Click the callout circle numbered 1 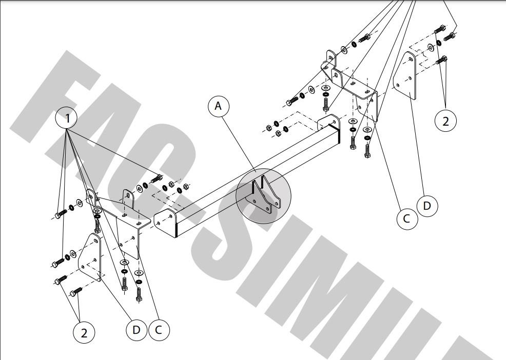pyautogui.click(x=67, y=118)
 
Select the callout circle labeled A pyautogui.click(x=219, y=106)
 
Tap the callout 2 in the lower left pyautogui.click(x=84, y=333)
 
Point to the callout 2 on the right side pyautogui.click(x=445, y=122)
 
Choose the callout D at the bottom pyautogui.click(x=137, y=330)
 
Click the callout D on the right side pyautogui.click(x=427, y=206)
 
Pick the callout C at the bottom pyautogui.click(x=159, y=330)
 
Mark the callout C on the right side pyautogui.click(x=407, y=218)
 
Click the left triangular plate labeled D pyautogui.click(x=90, y=257)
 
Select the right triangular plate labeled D pyautogui.click(x=405, y=76)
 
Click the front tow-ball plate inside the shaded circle pyautogui.click(x=258, y=198)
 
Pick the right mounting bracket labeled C pyautogui.click(x=352, y=84)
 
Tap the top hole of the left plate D pyautogui.click(x=96, y=241)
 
